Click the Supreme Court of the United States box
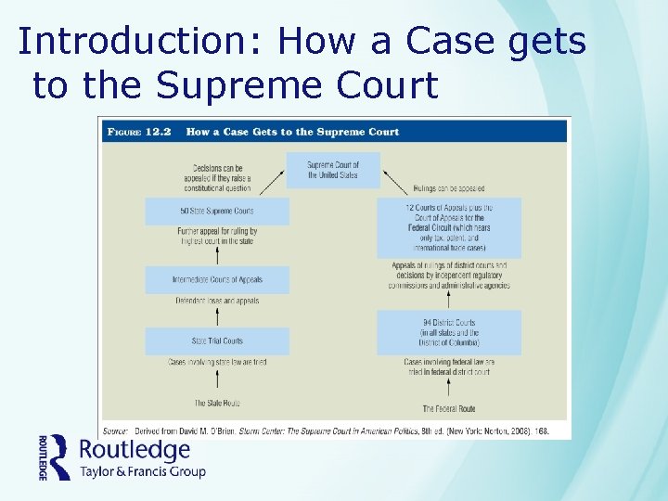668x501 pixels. pos(333,170)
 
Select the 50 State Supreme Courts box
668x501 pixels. pos(217,212)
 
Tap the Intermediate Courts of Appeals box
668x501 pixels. pos(217,280)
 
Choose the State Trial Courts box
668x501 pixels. pos(217,340)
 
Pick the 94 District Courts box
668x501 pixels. pos(449,332)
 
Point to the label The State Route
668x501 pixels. pos(217,403)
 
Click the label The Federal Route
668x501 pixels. pos(449,408)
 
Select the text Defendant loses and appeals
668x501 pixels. pos(217,301)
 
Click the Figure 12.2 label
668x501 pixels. pos(140,132)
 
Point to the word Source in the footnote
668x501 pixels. pos(115,430)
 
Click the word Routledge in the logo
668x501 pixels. pos(135,452)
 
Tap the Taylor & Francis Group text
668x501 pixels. pos(142,472)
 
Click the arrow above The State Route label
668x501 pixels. pos(217,382)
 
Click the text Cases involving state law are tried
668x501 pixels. pos(217,361)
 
